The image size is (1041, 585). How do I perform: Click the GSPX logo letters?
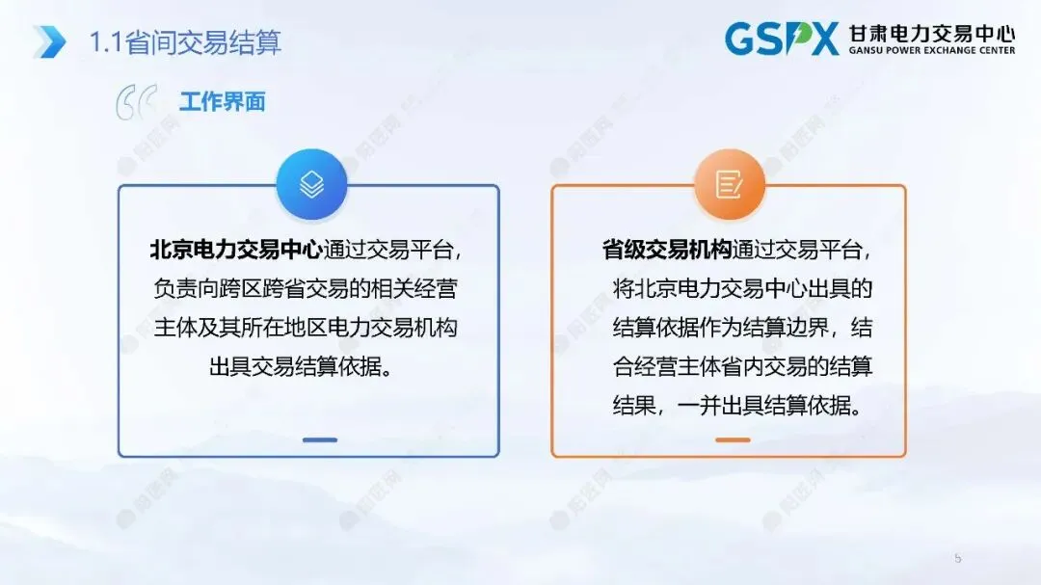pos(782,40)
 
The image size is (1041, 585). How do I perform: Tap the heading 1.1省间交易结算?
pos(185,42)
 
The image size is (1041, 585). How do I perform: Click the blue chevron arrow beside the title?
pos(49,41)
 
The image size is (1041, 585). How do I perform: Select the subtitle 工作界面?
pos(222,102)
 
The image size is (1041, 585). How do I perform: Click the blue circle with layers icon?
pos(309,185)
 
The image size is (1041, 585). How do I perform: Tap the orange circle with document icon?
pos(729,185)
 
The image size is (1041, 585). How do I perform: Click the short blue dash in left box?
pos(319,439)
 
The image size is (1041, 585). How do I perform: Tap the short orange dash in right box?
pos(733,439)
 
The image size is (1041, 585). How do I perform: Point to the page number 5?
pos(958,558)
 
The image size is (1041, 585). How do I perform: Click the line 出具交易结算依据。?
pos(307,367)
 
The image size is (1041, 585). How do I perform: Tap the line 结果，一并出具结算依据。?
pos(735,406)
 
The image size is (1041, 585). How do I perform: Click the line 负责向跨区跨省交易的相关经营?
pos(307,289)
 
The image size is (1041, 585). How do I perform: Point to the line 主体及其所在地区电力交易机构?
pos(307,329)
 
